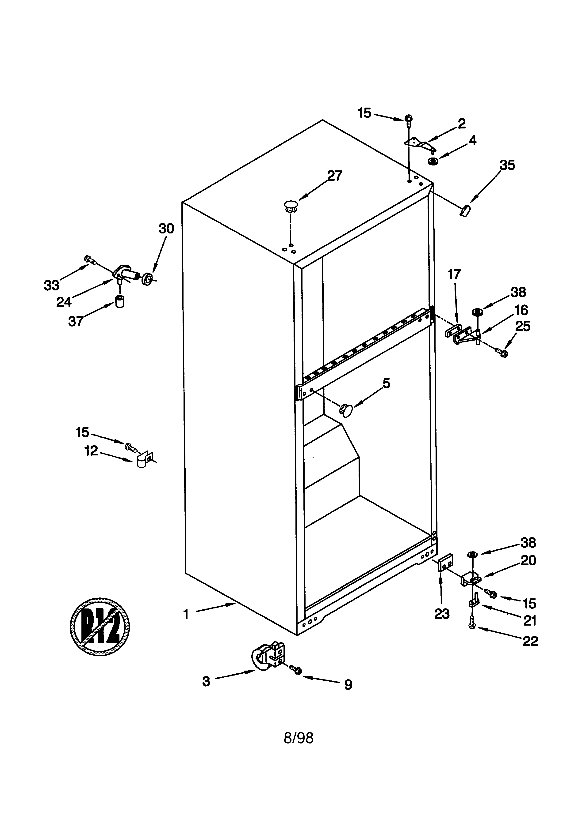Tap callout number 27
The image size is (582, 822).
pos(334,176)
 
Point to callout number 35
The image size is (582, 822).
pos(507,165)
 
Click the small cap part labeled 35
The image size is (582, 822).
pos(465,210)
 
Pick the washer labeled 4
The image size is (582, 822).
pos(434,161)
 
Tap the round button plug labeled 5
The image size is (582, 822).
pos(346,409)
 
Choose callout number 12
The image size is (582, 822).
pos(91,451)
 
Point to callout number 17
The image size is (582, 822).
pos(454,275)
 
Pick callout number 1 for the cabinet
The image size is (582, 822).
pos(186,614)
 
